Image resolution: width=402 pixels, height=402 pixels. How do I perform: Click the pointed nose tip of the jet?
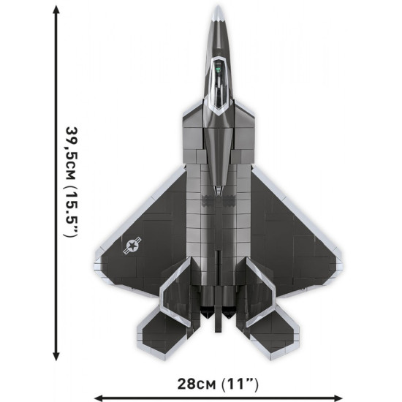click(217, 9)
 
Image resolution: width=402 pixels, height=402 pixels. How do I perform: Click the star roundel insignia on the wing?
click(134, 246)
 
